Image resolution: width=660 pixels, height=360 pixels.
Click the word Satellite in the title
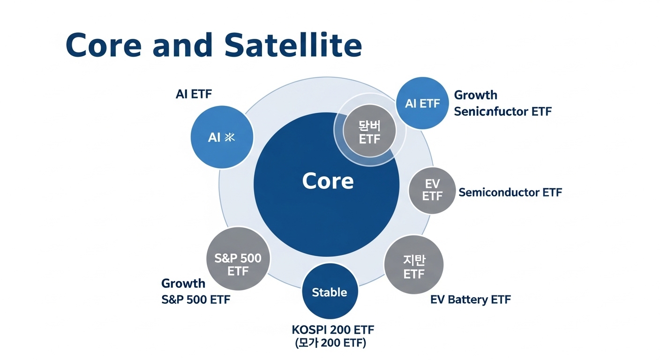pyautogui.click(x=293, y=45)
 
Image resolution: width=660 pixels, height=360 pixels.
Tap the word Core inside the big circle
pyautogui.click(x=328, y=181)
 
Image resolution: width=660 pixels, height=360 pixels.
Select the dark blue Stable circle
pyautogui.click(x=330, y=292)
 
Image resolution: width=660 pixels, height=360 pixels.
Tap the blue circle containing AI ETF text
pyautogui.click(x=422, y=103)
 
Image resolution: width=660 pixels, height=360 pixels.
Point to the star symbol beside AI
pyautogui.click(x=230, y=137)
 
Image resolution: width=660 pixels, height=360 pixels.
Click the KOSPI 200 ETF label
pyautogui.click(x=332, y=330)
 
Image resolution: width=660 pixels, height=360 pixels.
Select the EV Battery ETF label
pyautogui.click(x=470, y=300)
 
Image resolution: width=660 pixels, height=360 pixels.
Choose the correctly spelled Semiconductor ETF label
pyautogui.click(x=510, y=192)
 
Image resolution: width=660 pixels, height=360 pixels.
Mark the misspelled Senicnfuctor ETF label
pyautogui.click(x=502, y=112)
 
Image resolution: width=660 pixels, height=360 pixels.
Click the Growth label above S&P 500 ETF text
pyautogui.click(x=183, y=283)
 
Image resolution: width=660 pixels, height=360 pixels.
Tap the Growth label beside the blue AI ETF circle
pyautogui.click(x=475, y=95)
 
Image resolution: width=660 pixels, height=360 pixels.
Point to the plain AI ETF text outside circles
pyautogui.click(x=194, y=94)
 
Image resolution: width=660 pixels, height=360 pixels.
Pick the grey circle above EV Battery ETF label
pyautogui.click(x=413, y=265)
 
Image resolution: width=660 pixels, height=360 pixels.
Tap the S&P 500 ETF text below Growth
pyautogui.click(x=195, y=300)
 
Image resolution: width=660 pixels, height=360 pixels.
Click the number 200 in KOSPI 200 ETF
pyautogui.click(x=340, y=330)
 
